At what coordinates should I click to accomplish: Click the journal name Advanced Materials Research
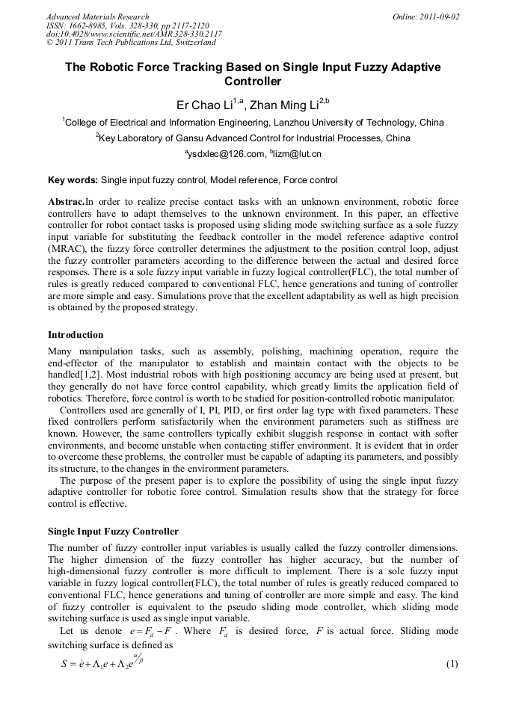[x=98, y=16]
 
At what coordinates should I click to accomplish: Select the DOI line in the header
[x=134, y=34]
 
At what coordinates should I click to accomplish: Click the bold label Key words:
[x=73, y=180]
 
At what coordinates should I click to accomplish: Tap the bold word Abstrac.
[x=66, y=202]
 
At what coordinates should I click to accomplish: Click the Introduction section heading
[x=76, y=334]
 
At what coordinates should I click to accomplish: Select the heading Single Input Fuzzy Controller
[x=113, y=532]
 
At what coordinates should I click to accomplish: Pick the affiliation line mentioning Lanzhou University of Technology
[x=254, y=123]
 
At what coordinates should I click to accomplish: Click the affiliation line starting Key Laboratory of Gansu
[x=254, y=138]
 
